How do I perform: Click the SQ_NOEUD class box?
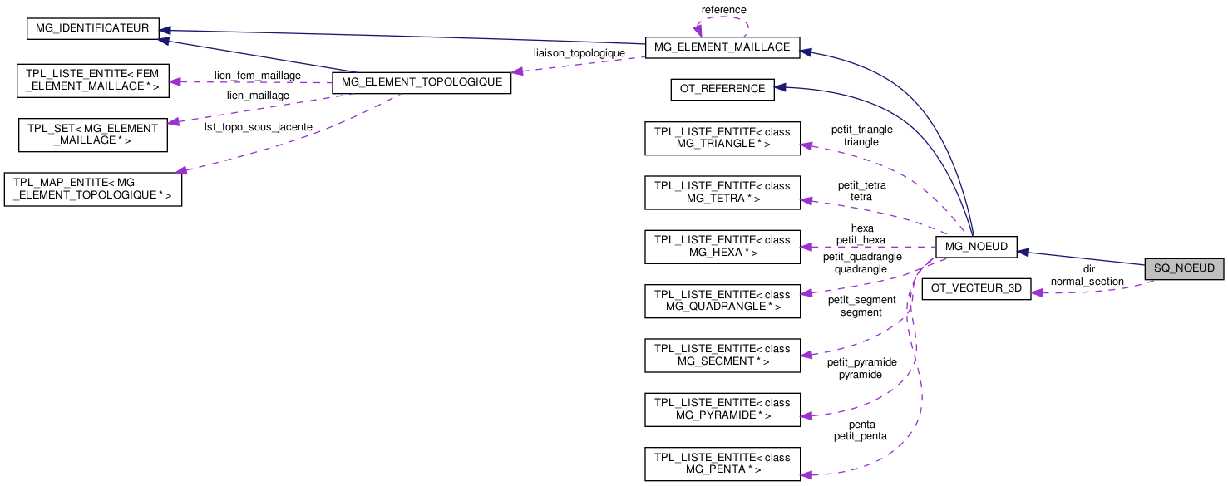tap(1183, 269)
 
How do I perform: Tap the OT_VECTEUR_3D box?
tap(976, 289)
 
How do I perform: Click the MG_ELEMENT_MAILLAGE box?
tap(722, 47)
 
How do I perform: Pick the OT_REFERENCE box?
tap(722, 90)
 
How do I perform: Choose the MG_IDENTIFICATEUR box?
tap(91, 28)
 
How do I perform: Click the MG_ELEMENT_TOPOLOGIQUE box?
tap(421, 83)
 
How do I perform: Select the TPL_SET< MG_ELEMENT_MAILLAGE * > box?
tap(92, 135)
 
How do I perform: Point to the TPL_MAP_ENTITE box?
tap(92, 189)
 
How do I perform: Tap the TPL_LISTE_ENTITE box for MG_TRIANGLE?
tap(722, 138)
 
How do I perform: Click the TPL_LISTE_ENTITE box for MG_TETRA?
tap(722, 192)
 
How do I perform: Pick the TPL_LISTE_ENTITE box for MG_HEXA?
tap(722, 246)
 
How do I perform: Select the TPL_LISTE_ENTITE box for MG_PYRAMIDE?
tap(722, 409)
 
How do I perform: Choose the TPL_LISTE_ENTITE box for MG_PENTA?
tap(722, 463)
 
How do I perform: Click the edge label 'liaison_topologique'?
tap(579, 53)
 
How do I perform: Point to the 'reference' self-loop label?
tap(723, 10)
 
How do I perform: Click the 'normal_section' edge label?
tap(1087, 282)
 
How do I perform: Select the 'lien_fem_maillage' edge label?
tap(258, 76)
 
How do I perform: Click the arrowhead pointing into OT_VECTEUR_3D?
tap(1037, 292)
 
